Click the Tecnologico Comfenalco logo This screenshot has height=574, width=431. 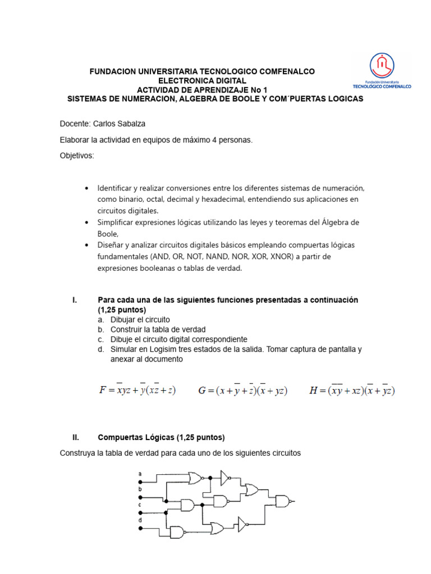[382, 71]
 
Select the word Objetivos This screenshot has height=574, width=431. [77, 155]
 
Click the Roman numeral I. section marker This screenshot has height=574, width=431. [75, 300]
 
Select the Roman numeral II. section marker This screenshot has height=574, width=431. [76, 437]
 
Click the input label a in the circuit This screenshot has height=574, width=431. [140, 474]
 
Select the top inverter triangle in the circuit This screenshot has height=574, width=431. [224, 478]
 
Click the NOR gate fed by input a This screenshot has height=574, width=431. [195, 478]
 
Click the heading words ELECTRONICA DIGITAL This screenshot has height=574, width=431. [203, 81]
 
